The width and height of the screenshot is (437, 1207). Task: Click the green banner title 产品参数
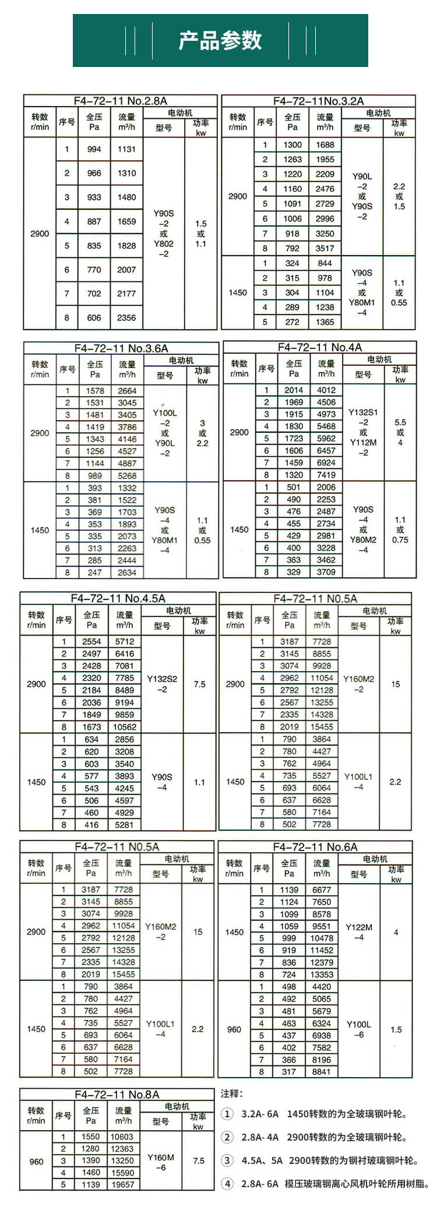point(220,40)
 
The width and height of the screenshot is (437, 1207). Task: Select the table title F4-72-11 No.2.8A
point(120,100)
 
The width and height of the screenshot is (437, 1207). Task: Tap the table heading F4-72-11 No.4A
point(320,347)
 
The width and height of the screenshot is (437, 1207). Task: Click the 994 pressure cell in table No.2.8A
point(94,149)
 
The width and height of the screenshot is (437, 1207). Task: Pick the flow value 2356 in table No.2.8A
point(126,318)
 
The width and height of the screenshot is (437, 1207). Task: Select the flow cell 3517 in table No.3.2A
point(325,248)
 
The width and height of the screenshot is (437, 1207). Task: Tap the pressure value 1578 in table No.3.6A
point(95,391)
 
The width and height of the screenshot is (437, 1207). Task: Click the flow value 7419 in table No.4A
point(326,475)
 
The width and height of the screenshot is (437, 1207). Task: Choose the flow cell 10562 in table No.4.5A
point(125,727)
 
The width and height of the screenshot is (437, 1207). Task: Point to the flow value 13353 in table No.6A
point(322,974)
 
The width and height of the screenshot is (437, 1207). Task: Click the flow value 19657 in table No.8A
point(122,1184)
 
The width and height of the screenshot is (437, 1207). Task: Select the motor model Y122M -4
point(359,932)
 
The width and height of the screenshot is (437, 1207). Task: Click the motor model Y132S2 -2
point(162,684)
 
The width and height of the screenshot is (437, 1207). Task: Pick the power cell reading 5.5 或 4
point(400,432)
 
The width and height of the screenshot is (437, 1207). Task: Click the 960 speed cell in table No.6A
point(234,1029)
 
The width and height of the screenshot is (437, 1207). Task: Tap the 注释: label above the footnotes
point(231,1094)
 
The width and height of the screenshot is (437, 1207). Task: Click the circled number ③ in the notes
point(227,1160)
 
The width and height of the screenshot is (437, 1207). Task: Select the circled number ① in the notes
point(227,1114)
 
